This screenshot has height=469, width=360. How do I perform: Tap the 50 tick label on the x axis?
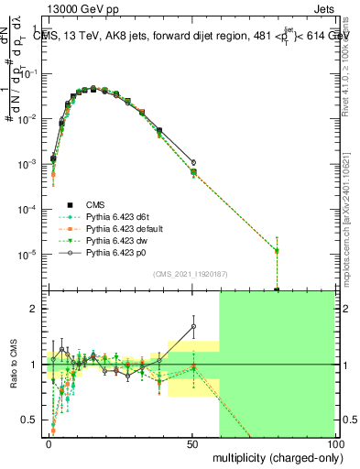tap(191, 443)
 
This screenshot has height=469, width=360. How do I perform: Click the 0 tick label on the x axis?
tap(49, 443)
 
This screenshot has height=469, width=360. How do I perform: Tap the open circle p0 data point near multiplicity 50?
tap(193, 162)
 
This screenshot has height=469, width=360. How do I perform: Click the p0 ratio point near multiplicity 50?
tap(193, 326)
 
